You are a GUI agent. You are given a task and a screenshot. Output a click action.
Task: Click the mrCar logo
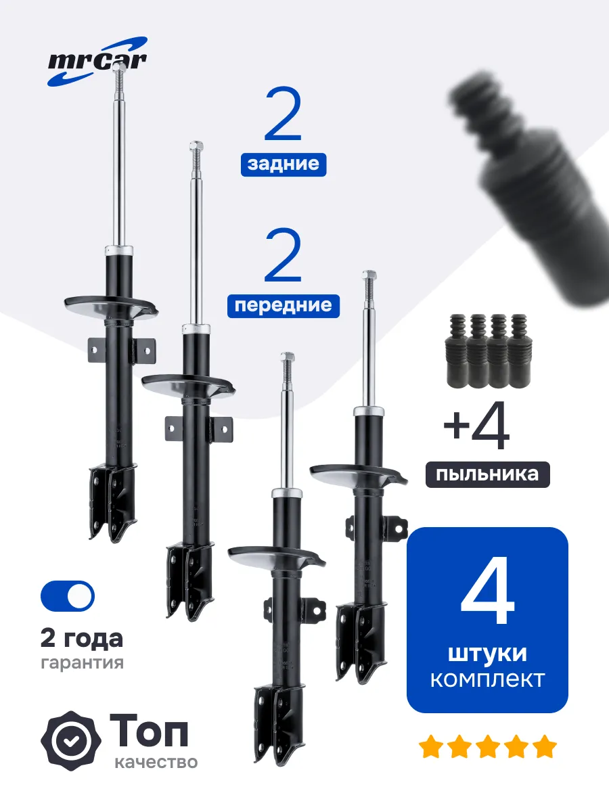point(97,62)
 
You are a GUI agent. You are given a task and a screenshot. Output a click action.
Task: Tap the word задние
point(284,164)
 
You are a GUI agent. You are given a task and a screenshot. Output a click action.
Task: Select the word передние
point(284,306)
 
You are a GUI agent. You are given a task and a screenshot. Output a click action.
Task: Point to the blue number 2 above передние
point(284,255)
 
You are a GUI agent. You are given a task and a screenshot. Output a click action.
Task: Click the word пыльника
point(487,474)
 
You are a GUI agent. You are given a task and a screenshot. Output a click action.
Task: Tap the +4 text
point(476,426)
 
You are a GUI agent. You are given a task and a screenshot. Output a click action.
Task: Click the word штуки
point(487,654)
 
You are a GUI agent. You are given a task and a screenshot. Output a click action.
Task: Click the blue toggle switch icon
point(68,596)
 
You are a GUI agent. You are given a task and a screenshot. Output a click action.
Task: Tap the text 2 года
point(82,639)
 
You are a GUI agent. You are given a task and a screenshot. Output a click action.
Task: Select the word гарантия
point(82,662)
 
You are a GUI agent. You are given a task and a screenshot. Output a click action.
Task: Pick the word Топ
point(149,731)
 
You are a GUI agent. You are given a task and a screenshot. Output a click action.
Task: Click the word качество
point(156,763)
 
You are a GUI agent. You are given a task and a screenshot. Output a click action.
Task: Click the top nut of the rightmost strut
point(369,275)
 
